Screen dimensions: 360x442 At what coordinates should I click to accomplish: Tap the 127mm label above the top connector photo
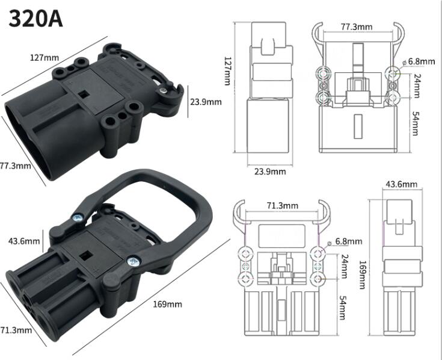(45, 58)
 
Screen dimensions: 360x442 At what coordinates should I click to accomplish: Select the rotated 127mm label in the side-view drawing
(227, 71)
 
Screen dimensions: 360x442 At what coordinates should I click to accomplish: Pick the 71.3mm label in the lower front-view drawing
(282, 205)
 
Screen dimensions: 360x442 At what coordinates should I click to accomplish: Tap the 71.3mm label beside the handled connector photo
(15, 330)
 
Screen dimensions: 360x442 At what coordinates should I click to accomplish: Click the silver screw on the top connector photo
(164, 91)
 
